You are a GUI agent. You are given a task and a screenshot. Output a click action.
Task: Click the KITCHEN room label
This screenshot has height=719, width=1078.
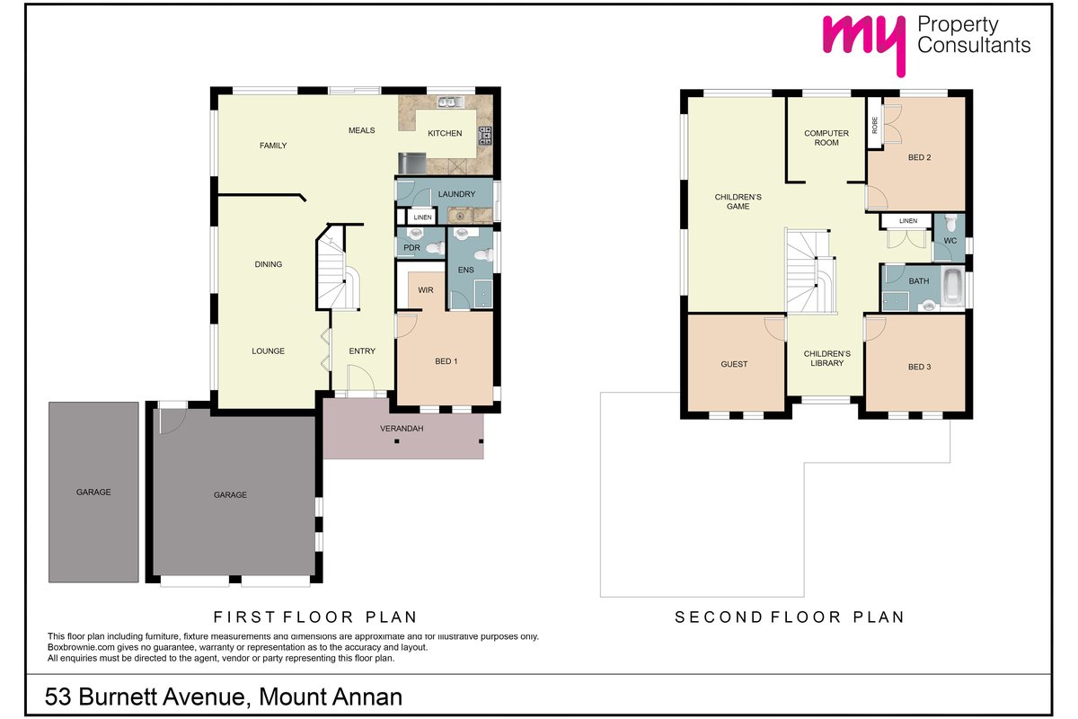coord(445,133)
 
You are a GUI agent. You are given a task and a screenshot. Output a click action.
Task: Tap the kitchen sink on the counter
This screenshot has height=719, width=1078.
coord(450,102)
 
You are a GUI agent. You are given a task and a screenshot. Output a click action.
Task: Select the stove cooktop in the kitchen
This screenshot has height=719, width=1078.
coord(484,136)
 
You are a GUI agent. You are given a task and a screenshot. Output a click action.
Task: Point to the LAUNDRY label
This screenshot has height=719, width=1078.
coord(456,194)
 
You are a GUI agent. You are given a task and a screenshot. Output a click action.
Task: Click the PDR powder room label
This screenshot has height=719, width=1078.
coord(411,248)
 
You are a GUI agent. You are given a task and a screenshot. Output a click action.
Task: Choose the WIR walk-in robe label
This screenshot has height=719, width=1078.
coord(426,290)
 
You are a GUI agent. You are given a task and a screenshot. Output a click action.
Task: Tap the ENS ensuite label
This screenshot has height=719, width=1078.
coord(466,271)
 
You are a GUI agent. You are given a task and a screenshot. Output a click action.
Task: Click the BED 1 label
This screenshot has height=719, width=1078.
coord(446,361)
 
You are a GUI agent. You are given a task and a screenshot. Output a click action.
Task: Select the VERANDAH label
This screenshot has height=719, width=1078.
coord(402,428)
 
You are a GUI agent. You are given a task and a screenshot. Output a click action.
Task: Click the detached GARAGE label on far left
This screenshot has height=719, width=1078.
coord(93,492)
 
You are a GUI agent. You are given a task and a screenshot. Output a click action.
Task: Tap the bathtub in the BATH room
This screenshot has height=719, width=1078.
coord(952,288)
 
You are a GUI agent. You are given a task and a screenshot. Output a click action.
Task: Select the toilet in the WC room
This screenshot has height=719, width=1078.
coord(951,223)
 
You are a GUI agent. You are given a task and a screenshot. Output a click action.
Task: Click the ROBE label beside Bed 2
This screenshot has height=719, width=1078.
coord(874,125)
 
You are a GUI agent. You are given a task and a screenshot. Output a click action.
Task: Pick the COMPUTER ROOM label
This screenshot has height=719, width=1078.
coord(826,138)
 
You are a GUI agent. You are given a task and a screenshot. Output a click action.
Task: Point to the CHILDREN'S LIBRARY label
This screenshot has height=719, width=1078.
coord(826,359)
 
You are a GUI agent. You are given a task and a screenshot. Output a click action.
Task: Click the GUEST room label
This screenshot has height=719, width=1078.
coord(734,364)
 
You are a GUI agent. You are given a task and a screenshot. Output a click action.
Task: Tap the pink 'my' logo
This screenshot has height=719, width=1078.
coord(864,41)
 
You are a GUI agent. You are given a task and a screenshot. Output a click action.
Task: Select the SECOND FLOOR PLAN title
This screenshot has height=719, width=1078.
coord(790,617)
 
